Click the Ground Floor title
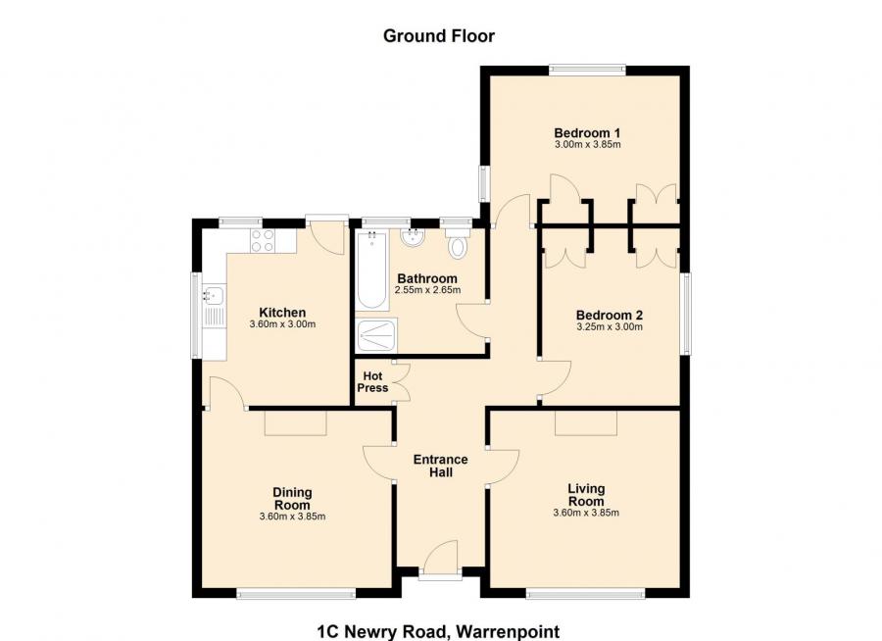click(x=439, y=36)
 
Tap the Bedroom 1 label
click(x=587, y=133)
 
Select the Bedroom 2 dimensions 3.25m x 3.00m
click(x=610, y=327)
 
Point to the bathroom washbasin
click(x=414, y=237)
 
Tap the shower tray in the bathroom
click(x=377, y=336)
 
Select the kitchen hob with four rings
click(x=262, y=241)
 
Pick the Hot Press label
click(x=372, y=382)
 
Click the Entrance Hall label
click(x=440, y=466)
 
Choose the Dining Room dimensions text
click(x=292, y=517)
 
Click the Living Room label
click(x=586, y=495)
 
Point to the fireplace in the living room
click(x=586, y=423)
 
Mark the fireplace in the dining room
click(x=295, y=423)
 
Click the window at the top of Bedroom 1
click(x=587, y=71)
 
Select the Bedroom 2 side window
click(x=686, y=314)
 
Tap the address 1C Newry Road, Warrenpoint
click(x=439, y=631)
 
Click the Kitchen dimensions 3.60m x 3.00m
click(x=282, y=324)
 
